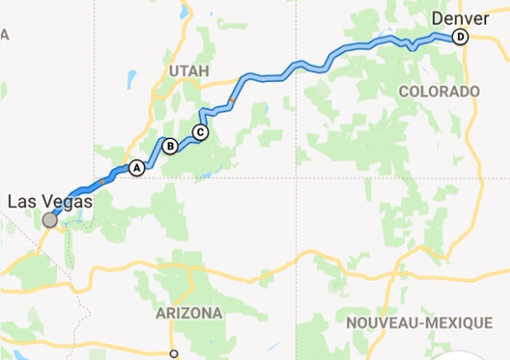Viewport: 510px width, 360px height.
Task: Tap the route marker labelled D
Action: point(460,37)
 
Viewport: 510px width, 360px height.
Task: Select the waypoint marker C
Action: point(201,132)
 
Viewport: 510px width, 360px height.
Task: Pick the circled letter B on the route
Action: point(169,145)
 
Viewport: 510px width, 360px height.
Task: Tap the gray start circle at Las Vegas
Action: point(50,220)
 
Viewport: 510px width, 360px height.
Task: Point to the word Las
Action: point(21,201)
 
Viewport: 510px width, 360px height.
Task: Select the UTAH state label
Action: point(189,71)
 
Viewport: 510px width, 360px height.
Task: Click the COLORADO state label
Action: point(439,92)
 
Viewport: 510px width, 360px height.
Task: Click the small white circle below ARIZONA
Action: point(173,353)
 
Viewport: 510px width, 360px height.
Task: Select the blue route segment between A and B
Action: point(152,159)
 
